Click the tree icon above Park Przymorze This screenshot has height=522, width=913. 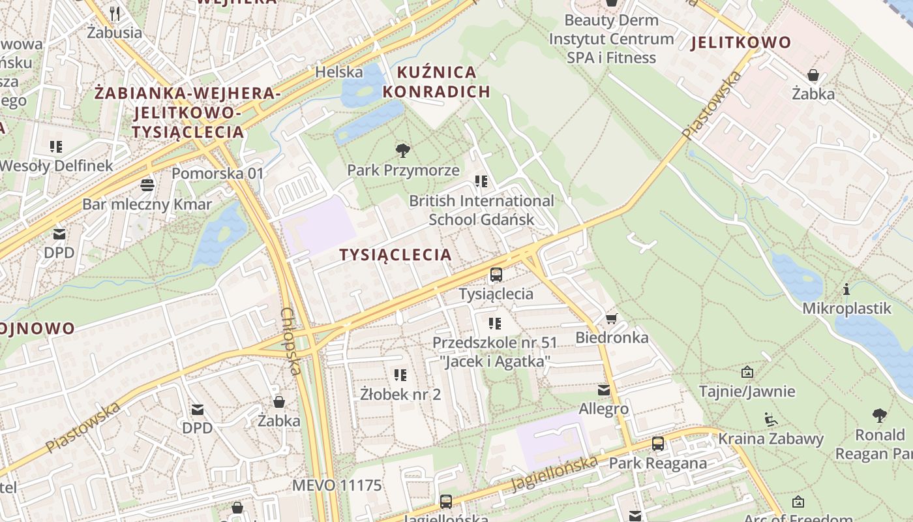403,151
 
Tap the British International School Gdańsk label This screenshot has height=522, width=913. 481,210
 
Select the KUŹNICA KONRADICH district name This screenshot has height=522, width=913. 436,82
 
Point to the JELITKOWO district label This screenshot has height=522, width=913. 741,43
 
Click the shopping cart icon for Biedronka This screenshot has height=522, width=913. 611,318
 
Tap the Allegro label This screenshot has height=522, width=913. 604,409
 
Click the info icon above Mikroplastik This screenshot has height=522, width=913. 846,289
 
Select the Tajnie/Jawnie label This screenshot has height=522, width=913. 747,391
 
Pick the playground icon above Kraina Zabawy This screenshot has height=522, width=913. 770,419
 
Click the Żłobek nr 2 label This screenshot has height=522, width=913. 400,394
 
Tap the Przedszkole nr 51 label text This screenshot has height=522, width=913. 494,343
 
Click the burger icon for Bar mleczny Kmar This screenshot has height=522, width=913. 147,185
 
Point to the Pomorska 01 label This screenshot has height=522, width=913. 218,173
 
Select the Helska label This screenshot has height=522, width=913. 338,72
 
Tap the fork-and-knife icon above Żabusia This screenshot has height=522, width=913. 115,13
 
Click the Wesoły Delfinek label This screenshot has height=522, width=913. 56,166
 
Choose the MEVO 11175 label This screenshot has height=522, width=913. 337,485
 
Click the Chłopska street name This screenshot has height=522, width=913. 291,341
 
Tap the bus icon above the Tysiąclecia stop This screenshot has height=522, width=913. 496,275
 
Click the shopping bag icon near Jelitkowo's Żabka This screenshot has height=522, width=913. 813,75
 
